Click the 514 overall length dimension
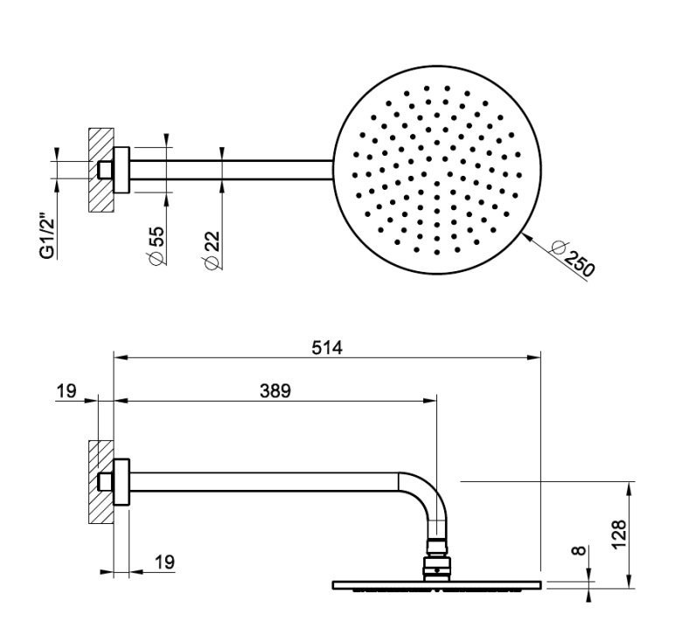[328, 347]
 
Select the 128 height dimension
[617, 530]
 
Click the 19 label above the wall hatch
[66, 390]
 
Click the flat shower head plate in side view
[436, 584]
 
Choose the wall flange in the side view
[123, 482]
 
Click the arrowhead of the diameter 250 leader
[522, 234]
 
